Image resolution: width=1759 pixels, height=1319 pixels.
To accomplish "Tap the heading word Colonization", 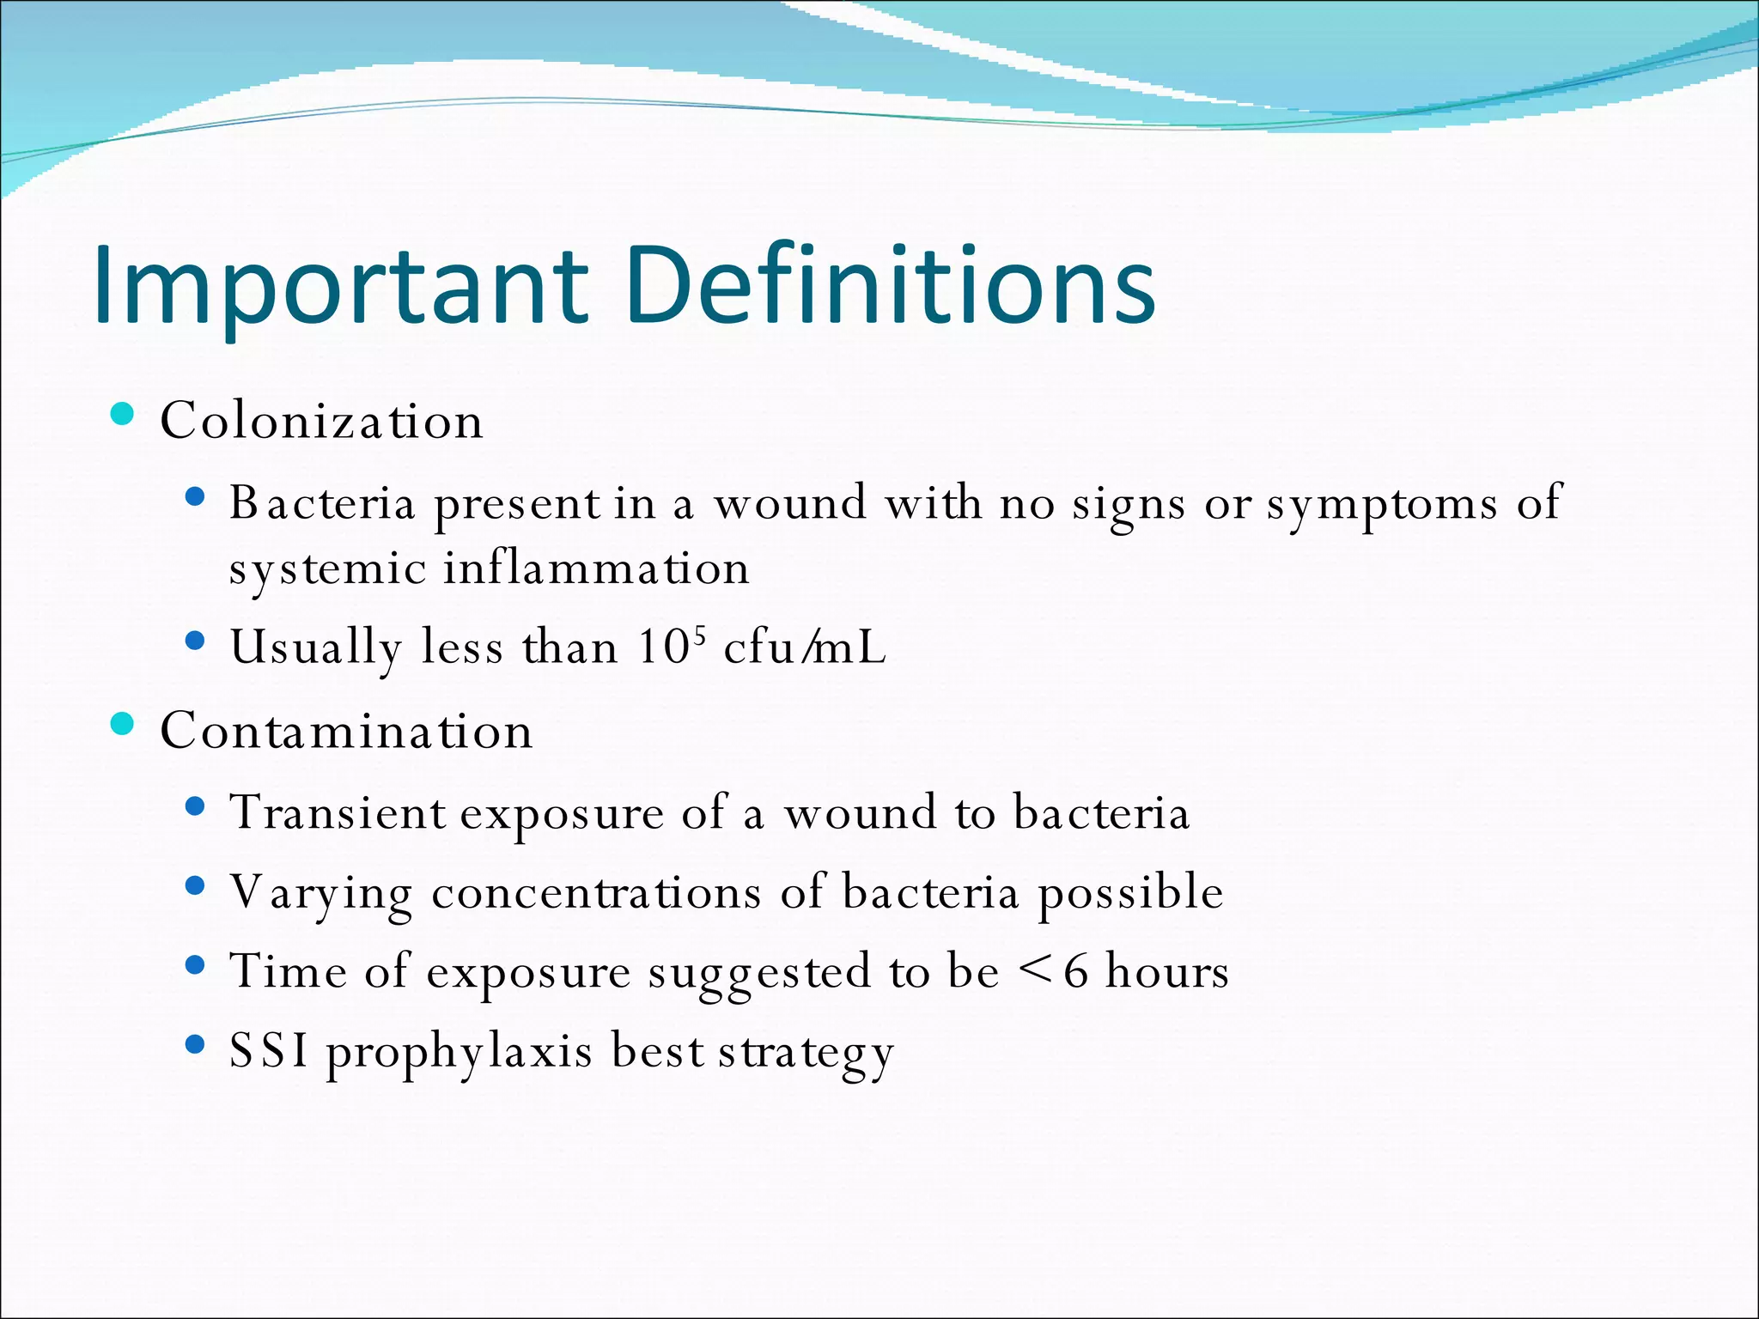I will [x=321, y=421].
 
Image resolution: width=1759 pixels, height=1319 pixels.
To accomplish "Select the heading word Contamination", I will [x=346, y=731].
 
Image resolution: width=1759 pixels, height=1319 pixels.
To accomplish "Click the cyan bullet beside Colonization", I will [x=123, y=415].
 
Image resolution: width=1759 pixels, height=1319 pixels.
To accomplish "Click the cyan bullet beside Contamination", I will [x=123, y=725].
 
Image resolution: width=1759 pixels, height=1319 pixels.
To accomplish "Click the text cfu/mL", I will [x=804, y=647].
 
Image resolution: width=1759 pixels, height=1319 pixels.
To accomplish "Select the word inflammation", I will [x=596, y=568].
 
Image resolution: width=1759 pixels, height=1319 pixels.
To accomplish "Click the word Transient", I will [x=338, y=812].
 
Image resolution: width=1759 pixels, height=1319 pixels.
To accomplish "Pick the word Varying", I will [x=321, y=893].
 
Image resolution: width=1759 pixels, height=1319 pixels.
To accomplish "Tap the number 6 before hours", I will [x=1075, y=971].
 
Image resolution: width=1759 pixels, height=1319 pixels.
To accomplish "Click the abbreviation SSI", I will [x=269, y=1051].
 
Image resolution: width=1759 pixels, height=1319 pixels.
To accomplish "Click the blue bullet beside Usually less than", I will [x=196, y=640].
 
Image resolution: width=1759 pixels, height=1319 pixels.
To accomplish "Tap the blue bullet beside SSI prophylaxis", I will [x=196, y=1044].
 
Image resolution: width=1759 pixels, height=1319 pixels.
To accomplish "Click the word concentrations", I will [x=596, y=893].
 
